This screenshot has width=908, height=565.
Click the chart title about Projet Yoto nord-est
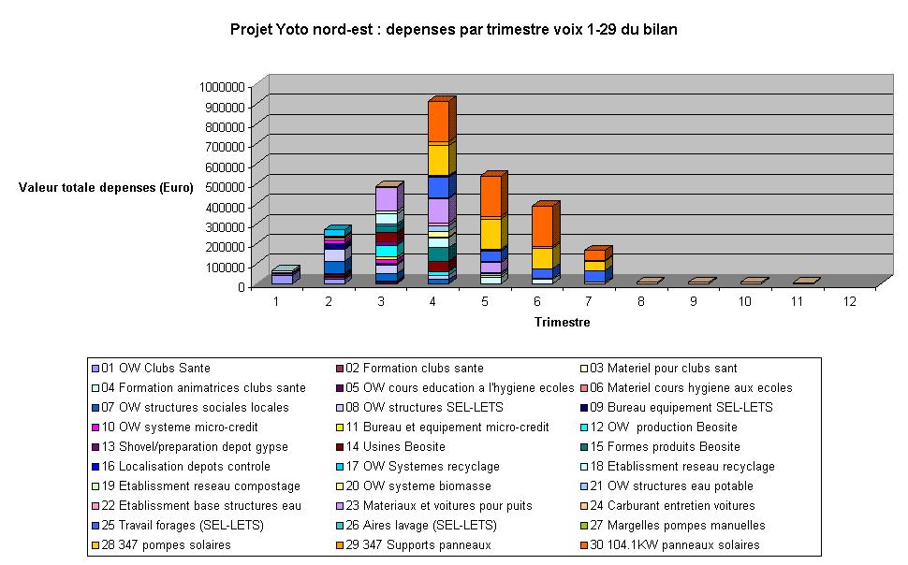pyautogui.click(x=453, y=30)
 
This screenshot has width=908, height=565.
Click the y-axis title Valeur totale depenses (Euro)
pyautogui.click(x=106, y=187)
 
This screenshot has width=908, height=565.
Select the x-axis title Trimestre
pyautogui.click(x=562, y=323)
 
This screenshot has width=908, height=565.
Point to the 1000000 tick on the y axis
pyautogui.click(x=222, y=86)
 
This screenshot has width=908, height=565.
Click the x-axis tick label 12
pyautogui.click(x=849, y=301)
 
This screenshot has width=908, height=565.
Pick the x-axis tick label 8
pyautogui.click(x=641, y=301)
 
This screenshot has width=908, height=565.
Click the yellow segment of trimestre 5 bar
pyautogui.click(x=490, y=234)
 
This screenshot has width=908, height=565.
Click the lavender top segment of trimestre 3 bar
pyautogui.click(x=386, y=199)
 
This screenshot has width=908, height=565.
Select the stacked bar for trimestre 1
pyautogui.click(x=282, y=278)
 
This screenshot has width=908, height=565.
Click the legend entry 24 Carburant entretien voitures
pyautogui.click(x=668, y=505)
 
